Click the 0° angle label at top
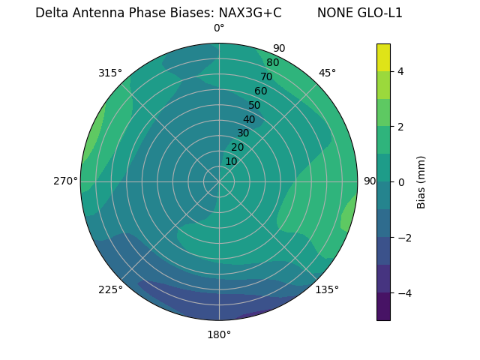(219, 28)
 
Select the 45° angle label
(327, 73)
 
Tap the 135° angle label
(327, 289)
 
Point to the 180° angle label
(219, 334)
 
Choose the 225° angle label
(110, 289)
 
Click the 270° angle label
(66, 181)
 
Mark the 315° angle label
(110, 73)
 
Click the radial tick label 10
(231, 161)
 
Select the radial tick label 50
(254, 105)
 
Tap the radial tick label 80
(272, 62)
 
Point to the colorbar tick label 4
(401, 71)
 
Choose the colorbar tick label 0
(401, 181)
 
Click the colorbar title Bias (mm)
(421, 181)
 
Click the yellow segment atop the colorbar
(383, 57)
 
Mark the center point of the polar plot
(219, 181)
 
